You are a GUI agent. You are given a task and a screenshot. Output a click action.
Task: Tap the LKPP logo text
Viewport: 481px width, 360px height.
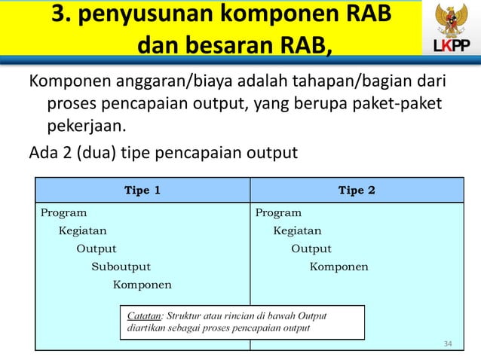(x=451, y=48)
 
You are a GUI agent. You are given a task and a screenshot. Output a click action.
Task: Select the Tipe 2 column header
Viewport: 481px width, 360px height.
(x=357, y=190)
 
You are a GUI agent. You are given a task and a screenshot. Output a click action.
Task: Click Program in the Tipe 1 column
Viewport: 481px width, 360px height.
(x=63, y=212)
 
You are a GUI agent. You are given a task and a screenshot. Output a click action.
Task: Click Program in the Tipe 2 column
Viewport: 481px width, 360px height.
(x=278, y=212)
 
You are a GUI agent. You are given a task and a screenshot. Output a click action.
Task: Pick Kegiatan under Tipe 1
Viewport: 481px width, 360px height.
(x=83, y=230)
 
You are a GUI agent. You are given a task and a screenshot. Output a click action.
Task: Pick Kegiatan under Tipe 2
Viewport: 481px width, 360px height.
(x=297, y=230)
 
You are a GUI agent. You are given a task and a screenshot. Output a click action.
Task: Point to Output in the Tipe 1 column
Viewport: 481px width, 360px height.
(x=97, y=249)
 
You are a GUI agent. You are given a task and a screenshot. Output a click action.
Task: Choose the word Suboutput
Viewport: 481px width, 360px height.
(x=121, y=267)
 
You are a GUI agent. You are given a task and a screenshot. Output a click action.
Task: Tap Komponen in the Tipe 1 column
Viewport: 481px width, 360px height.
(x=142, y=285)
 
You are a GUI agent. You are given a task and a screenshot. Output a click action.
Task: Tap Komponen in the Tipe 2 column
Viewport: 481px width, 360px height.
(x=339, y=267)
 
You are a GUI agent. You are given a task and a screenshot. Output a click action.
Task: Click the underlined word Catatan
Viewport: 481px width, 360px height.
(x=144, y=316)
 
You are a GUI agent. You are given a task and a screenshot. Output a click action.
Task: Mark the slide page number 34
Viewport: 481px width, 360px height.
(x=448, y=344)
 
